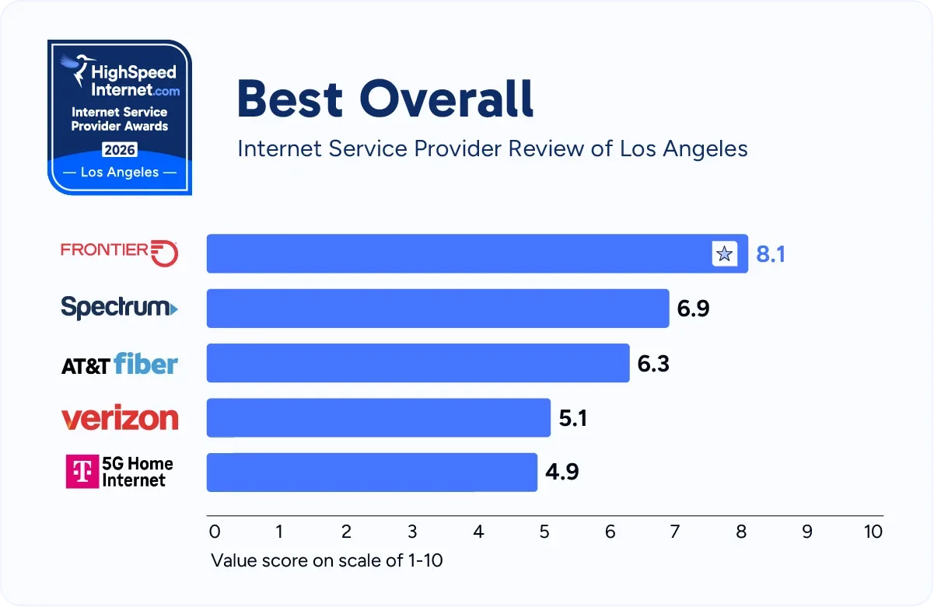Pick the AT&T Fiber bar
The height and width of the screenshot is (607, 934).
[x=418, y=363]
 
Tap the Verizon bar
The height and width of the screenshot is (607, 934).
[x=379, y=417]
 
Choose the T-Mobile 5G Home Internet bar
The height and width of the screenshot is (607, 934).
[x=372, y=472]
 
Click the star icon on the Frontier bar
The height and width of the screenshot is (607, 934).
[x=724, y=253]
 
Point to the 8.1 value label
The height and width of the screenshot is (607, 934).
[x=771, y=254]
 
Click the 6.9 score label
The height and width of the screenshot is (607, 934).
[x=693, y=309]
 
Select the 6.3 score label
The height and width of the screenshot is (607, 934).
[x=653, y=363]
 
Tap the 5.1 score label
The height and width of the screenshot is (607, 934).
[x=573, y=418]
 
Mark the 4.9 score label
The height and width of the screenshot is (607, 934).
[x=561, y=473]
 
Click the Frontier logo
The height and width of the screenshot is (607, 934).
[x=120, y=252]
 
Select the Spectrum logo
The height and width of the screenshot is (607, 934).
[x=119, y=308]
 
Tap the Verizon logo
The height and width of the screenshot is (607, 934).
[x=120, y=418]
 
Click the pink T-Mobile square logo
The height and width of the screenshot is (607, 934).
[x=81, y=472]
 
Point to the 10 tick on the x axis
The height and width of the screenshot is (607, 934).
[x=873, y=532]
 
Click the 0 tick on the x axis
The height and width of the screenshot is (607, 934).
[x=215, y=532]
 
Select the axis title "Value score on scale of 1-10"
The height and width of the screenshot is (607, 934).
[x=327, y=560]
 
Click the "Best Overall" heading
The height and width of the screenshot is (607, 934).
[x=386, y=99]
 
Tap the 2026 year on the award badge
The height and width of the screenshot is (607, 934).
[x=119, y=150]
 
